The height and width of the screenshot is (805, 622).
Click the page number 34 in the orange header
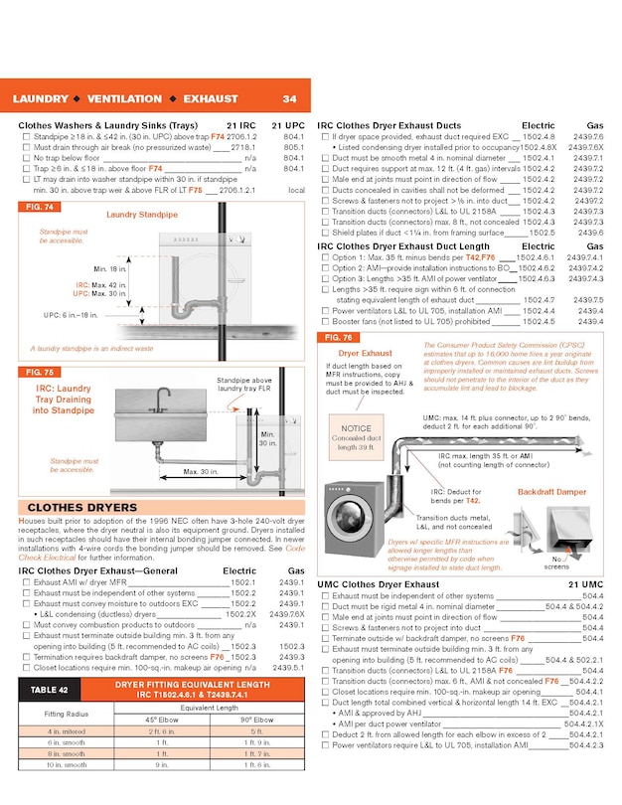click(x=289, y=99)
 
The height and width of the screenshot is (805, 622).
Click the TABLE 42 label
click(x=49, y=689)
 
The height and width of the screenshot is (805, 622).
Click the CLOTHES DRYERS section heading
click(x=69, y=507)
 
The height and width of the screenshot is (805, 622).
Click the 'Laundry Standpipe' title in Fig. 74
click(x=142, y=215)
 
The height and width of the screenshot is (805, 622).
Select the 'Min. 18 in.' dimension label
click(x=110, y=269)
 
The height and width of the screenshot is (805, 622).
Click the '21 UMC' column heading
click(x=583, y=584)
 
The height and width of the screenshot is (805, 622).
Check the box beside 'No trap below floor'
click(x=25, y=158)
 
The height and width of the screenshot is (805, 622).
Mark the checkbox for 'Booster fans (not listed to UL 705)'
click(x=325, y=322)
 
